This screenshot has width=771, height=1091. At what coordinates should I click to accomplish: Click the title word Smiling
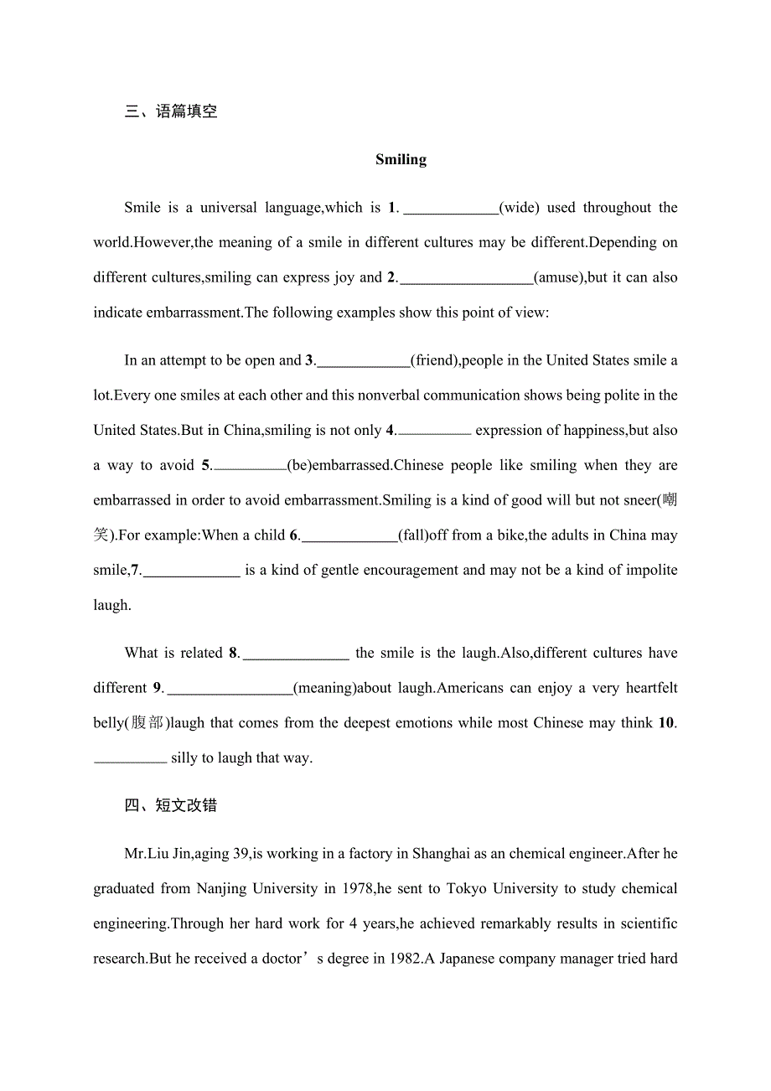(x=401, y=159)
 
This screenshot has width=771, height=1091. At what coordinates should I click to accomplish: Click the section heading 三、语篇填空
(x=171, y=111)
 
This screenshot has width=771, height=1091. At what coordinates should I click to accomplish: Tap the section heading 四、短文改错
(x=171, y=805)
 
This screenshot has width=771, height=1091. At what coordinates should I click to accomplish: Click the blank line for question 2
(x=467, y=279)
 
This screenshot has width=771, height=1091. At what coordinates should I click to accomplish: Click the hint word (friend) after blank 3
(x=436, y=360)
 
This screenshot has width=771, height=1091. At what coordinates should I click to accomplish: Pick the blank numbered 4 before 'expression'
(x=433, y=432)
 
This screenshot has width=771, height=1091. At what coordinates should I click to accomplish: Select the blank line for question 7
(x=192, y=572)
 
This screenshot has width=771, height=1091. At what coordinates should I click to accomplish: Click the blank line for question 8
(x=295, y=655)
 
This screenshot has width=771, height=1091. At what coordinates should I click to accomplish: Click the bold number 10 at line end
(x=666, y=722)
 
